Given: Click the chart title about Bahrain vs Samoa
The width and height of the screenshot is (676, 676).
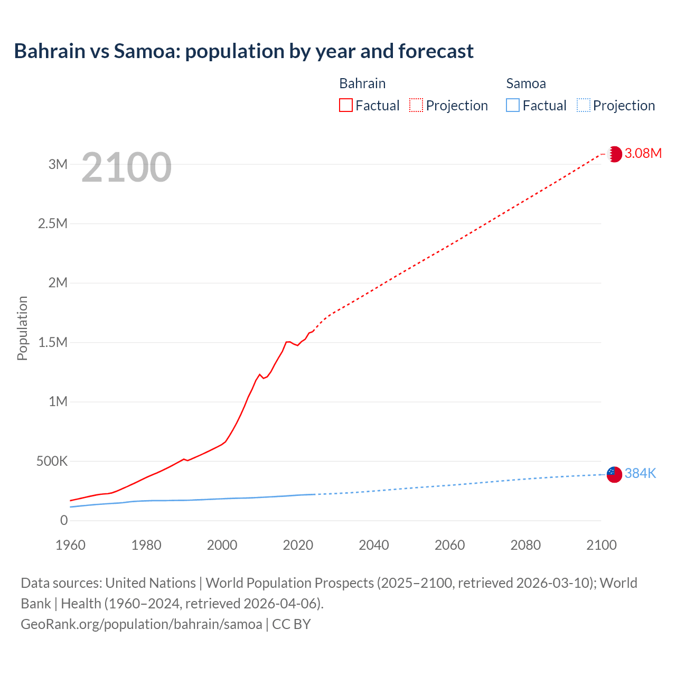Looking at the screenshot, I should [243, 51].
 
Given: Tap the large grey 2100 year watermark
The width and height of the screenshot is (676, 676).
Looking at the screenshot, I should [126, 167].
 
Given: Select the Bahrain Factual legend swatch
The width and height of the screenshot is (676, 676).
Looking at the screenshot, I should [345, 105].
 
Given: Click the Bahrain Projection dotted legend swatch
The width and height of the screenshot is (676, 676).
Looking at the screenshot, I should [416, 105].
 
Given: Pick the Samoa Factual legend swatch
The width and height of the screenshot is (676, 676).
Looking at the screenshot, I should [512, 105].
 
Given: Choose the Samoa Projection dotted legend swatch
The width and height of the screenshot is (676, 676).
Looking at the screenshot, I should [583, 105].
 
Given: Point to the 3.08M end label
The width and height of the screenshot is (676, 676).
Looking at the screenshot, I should [643, 154].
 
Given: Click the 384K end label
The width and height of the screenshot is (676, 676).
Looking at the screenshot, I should [640, 474].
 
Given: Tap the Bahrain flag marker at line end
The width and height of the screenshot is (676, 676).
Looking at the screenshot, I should [614, 154].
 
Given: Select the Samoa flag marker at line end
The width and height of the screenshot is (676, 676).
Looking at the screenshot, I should [614, 474].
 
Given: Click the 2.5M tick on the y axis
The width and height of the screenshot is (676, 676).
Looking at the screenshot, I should [53, 223].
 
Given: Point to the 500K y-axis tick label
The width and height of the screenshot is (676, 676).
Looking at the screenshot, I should [52, 462].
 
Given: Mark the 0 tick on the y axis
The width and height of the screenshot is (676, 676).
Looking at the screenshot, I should [64, 521].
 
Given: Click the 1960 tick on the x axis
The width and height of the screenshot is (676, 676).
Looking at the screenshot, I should [70, 545].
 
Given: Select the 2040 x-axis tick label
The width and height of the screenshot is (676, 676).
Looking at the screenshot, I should [374, 545].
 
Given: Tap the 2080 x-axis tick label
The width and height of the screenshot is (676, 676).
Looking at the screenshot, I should [525, 545].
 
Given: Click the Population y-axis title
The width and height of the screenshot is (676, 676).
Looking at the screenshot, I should [22, 328].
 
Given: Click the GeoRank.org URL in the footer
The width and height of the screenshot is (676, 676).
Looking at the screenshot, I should [142, 624].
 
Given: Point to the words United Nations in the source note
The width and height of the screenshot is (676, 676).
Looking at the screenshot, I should [151, 583].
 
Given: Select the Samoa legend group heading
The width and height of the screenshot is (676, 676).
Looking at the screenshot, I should [525, 83].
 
